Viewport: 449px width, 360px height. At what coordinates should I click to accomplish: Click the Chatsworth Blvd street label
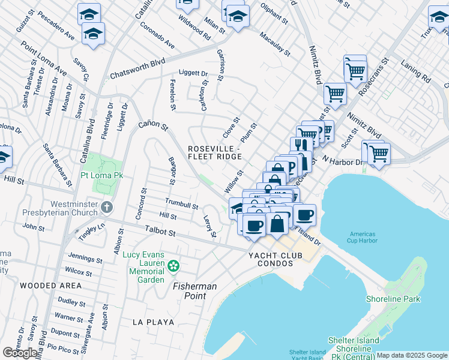coord(137,70)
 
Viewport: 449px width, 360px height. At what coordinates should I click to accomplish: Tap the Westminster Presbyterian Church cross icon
coord(107,208)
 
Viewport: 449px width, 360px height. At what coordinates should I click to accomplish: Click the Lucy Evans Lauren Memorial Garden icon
coord(173,265)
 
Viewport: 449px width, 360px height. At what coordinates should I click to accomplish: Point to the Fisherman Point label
coord(195,287)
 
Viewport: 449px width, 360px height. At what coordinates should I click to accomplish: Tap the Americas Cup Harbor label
coord(364,238)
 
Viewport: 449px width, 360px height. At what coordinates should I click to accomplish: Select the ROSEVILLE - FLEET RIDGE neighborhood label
coord(215,152)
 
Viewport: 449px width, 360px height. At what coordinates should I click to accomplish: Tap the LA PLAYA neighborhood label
coord(154,322)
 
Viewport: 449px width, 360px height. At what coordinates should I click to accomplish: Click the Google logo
coord(20,353)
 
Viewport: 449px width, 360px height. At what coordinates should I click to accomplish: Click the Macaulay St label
coord(275,45)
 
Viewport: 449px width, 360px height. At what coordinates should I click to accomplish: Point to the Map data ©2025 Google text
coord(411,355)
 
